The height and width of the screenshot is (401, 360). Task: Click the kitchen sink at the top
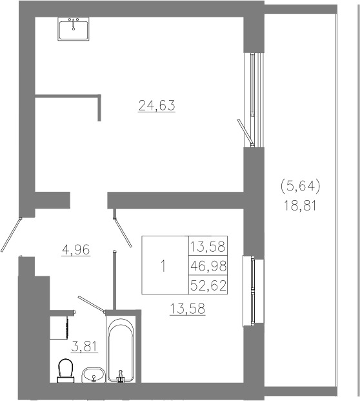click(74, 29)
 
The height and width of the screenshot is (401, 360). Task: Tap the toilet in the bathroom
click(65, 370)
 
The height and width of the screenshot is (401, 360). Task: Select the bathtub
click(121, 349)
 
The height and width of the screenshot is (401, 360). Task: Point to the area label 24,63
click(157, 106)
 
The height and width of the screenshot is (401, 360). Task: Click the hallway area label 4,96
click(76, 250)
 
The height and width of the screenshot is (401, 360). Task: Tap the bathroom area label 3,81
click(84, 347)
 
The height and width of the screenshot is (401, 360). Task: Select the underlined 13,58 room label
click(187, 309)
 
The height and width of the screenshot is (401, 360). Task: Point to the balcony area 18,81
click(301, 205)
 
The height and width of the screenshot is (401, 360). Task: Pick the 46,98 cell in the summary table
click(208, 266)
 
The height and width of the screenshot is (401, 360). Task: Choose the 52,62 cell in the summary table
click(208, 285)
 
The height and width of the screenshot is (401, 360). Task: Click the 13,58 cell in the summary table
click(208, 247)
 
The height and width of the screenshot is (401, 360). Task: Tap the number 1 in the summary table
click(163, 266)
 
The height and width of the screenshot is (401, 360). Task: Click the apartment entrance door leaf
click(11, 234)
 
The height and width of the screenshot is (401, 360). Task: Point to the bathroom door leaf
click(92, 304)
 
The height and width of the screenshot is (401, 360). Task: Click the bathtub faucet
click(121, 379)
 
